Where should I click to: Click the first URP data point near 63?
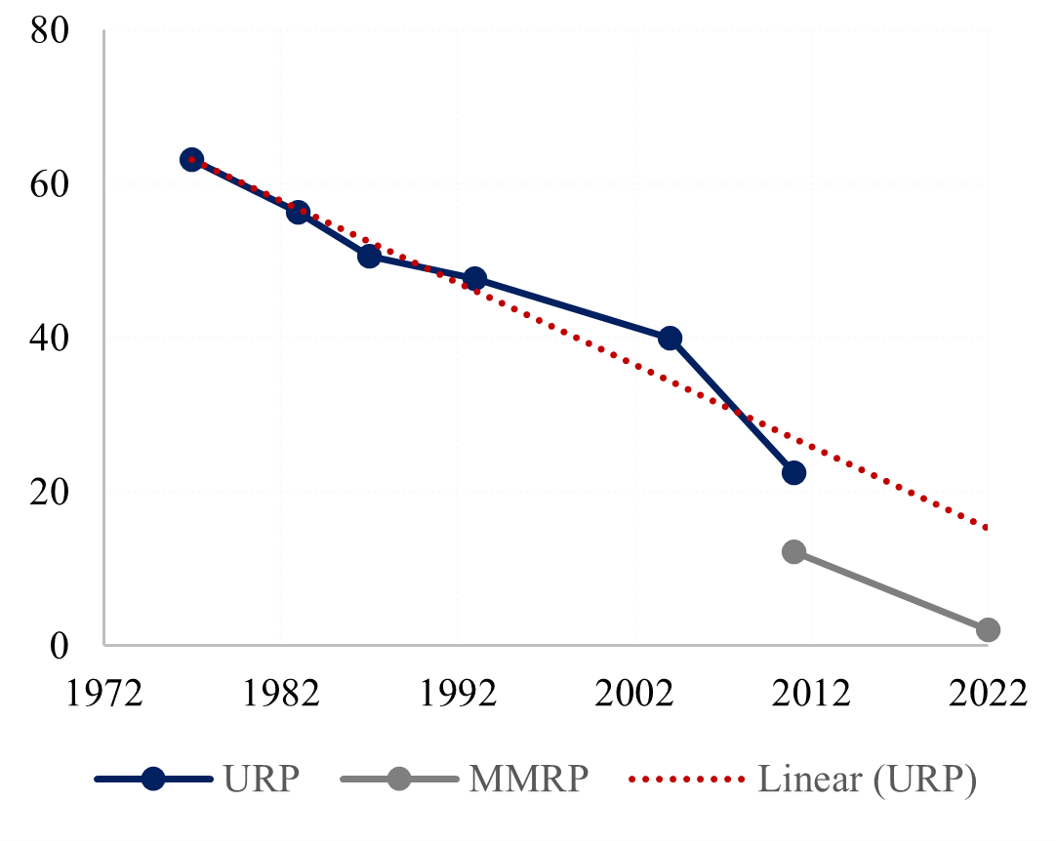pyautogui.click(x=191, y=159)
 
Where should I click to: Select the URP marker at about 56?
pyautogui.click(x=298, y=212)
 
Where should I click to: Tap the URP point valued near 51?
pyautogui.click(x=369, y=256)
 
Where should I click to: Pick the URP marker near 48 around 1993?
pyautogui.click(x=475, y=279)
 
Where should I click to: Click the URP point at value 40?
pyautogui.click(x=670, y=338)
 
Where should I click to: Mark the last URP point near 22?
pyautogui.click(x=793, y=472)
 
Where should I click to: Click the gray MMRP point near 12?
pyautogui.click(x=793, y=551)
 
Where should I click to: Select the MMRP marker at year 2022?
pyautogui.click(x=988, y=629)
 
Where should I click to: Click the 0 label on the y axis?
pyautogui.click(x=61, y=645)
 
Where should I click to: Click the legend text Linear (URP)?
pyautogui.click(x=867, y=780)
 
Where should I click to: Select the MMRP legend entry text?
pyautogui.click(x=528, y=780)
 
